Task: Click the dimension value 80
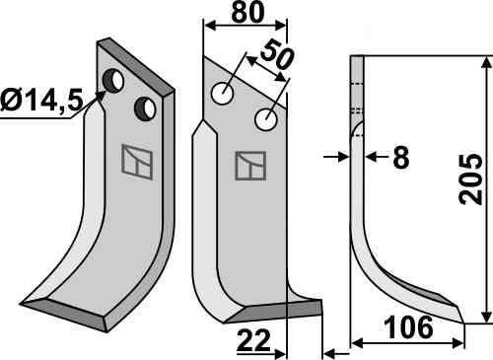pos(247,13)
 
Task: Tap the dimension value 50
pos(276,54)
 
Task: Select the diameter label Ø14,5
pos(41,101)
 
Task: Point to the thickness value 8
pos(401,157)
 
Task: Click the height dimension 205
pos(471,180)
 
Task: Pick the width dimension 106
pos(408,327)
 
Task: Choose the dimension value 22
pos(253,340)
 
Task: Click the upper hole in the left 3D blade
pos(113,81)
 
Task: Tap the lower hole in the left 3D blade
pos(145,108)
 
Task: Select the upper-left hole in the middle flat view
pos(223,94)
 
